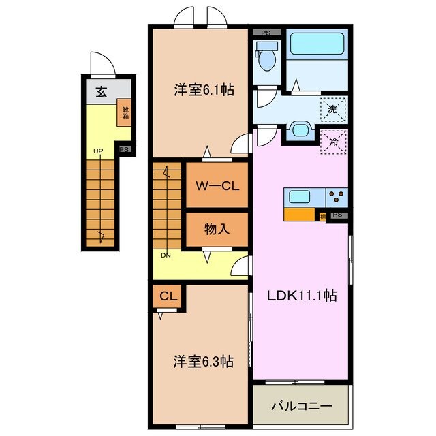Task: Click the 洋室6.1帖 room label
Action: [204, 89]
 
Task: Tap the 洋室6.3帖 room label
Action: [203, 361]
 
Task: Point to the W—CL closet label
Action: [217, 185]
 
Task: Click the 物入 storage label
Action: [217, 230]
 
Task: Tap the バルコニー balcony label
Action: [302, 406]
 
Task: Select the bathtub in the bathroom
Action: [318, 46]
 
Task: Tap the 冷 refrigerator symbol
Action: [334, 142]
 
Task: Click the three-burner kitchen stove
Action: [337, 198]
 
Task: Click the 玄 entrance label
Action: [101, 93]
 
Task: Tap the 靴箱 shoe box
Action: [126, 110]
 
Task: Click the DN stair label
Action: [166, 255]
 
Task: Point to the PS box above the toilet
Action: [266, 31]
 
